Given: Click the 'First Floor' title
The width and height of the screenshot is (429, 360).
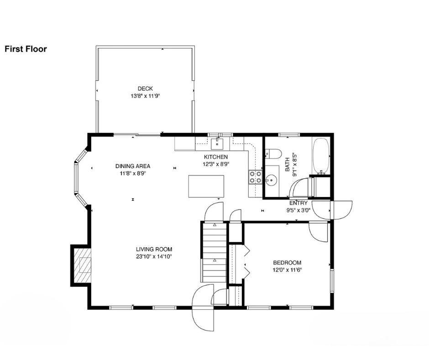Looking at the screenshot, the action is (26, 49).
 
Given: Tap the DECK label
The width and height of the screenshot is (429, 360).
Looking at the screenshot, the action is (145, 89).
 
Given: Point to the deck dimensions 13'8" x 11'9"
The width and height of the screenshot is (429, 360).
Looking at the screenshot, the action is (145, 96).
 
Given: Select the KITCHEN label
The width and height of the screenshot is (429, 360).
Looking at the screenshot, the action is (216, 157).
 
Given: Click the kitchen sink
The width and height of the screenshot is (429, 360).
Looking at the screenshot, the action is (217, 143).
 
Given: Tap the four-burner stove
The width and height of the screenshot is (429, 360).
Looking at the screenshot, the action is (255, 177).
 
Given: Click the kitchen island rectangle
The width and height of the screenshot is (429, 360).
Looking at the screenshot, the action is (206, 186).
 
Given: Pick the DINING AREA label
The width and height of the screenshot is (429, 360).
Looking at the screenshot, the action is (133, 166).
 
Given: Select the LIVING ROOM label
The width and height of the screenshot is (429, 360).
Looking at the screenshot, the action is (154, 249).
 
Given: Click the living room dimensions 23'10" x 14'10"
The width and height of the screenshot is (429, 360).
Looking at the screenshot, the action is (154, 257).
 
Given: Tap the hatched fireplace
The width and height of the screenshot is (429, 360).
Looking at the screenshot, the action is (82, 265).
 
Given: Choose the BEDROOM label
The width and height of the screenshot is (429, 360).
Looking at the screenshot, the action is (287, 263).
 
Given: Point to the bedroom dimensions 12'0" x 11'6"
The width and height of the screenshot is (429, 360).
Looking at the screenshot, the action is (287, 270).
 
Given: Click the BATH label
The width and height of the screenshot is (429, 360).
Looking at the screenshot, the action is (287, 164).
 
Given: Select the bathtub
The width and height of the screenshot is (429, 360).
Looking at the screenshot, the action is (321, 156).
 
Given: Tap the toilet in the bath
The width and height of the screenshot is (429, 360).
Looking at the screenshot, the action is (273, 154).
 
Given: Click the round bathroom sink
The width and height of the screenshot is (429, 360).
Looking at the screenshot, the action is (271, 180).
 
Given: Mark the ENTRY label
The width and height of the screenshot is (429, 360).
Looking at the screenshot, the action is (298, 203).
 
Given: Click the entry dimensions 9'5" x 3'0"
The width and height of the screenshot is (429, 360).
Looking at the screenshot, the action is (298, 211).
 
